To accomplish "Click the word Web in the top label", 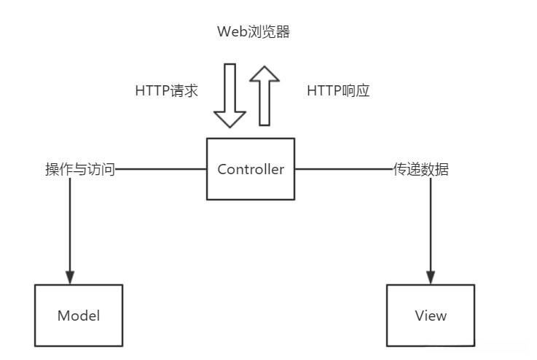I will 230,32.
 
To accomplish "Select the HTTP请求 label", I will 167,91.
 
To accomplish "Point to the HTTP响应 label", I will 338,91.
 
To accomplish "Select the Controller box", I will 251,169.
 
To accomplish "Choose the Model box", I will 79,316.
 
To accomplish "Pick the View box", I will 431,316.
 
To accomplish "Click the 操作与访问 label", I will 79,170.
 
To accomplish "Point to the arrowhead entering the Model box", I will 70,278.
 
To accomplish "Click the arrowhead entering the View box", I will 431,278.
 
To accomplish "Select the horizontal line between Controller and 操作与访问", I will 161,170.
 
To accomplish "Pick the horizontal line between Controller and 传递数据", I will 342,170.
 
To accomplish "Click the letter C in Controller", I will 222,170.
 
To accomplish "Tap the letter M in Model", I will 63,316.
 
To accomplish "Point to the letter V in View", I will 419,316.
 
